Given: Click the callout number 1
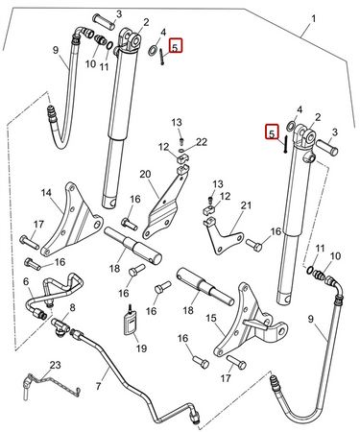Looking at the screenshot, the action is point(314,19).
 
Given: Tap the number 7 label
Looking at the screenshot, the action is point(98,385).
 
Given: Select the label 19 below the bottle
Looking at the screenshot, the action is point(141,348).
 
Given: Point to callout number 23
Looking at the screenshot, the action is point(55,365).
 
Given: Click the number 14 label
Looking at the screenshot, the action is point(46,193).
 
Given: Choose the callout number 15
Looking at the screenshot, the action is point(211,319).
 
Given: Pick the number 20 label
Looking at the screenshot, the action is point(145,175).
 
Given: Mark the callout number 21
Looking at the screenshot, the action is point(246,205).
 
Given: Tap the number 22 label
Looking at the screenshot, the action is point(202,142).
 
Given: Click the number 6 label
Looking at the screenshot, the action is point(26,281).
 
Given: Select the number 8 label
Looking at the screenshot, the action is point(73,308).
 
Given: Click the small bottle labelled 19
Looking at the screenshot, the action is point(131,323).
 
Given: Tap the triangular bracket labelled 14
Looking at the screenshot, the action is point(70,221).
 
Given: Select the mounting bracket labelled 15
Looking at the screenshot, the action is point(250,324).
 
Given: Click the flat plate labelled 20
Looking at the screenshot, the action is point(165,204).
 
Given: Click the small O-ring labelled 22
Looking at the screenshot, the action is point(182,150).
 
